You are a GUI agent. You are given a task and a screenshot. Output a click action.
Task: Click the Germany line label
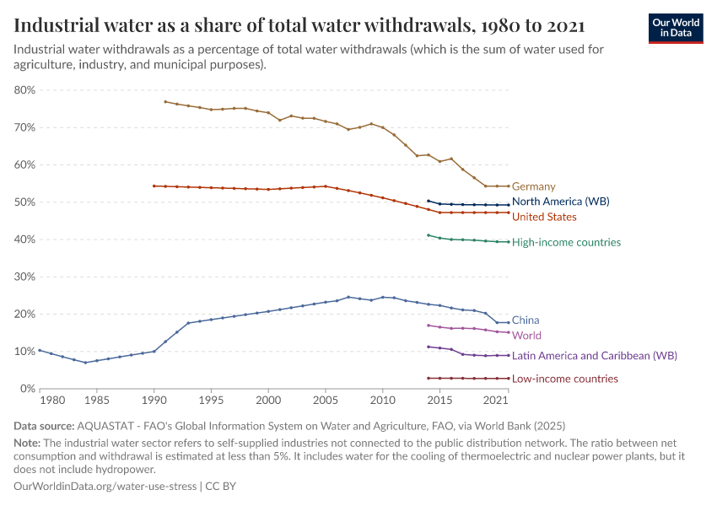point(533,186)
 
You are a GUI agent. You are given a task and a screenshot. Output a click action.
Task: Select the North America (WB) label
point(560,202)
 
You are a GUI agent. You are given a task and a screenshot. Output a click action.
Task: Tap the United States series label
point(544,217)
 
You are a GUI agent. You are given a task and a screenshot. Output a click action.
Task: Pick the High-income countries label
point(566,242)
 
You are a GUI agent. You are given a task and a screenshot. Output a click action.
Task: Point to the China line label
point(526,320)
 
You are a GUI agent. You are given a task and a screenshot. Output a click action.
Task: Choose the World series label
point(526,336)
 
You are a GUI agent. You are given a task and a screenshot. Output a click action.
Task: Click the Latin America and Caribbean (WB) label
point(582,356)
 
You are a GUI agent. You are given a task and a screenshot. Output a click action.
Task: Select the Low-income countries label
point(564,379)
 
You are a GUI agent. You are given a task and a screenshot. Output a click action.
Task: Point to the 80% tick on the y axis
point(24,90)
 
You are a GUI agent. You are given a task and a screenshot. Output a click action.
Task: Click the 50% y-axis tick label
point(24,202)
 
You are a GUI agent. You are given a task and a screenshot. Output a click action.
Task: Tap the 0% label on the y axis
point(27,389)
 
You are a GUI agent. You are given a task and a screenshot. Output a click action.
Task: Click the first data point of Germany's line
point(165,102)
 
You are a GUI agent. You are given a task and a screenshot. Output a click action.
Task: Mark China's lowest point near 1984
point(85,363)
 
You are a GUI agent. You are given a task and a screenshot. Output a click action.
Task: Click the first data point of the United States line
point(154,186)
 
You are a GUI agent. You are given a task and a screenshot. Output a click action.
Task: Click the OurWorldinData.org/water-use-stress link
point(105,487)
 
